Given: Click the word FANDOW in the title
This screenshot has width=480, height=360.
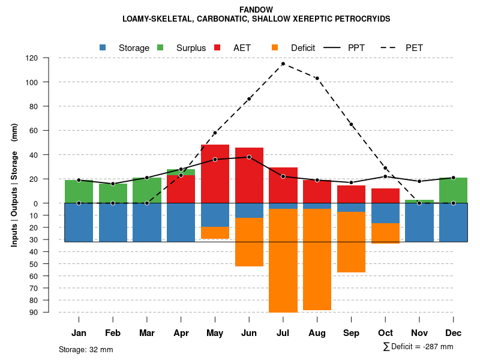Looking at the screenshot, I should (x=256, y=10).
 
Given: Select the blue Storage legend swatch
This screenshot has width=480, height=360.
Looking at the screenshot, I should (x=103, y=47).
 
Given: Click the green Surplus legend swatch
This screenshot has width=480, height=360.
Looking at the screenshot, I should (x=160, y=47).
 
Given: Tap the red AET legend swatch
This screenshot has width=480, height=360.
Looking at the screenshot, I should (x=218, y=47).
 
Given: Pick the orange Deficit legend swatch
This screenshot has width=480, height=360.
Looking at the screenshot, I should (x=275, y=47).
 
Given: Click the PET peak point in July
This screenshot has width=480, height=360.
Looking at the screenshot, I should (x=283, y=64).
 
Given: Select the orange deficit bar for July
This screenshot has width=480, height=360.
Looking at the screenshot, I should (x=283, y=260).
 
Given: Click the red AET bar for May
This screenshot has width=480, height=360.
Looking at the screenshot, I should (x=215, y=174).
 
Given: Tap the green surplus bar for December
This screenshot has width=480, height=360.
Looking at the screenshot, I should (x=453, y=190).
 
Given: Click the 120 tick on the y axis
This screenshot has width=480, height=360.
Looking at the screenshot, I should (x=49, y=58).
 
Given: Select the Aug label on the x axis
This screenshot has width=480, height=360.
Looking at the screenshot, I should (x=317, y=333).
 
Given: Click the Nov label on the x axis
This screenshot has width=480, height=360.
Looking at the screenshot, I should (x=419, y=333).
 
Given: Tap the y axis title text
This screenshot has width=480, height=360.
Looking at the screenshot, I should (x=14, y=185).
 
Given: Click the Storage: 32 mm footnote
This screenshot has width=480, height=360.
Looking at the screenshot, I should (x=86, y=349).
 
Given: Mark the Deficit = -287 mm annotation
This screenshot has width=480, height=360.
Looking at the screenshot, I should (x=418, y=347).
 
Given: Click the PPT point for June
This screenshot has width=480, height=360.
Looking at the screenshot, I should (x=249, y=157).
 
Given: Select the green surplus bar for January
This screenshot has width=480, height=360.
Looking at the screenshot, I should (x=79, y=191).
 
